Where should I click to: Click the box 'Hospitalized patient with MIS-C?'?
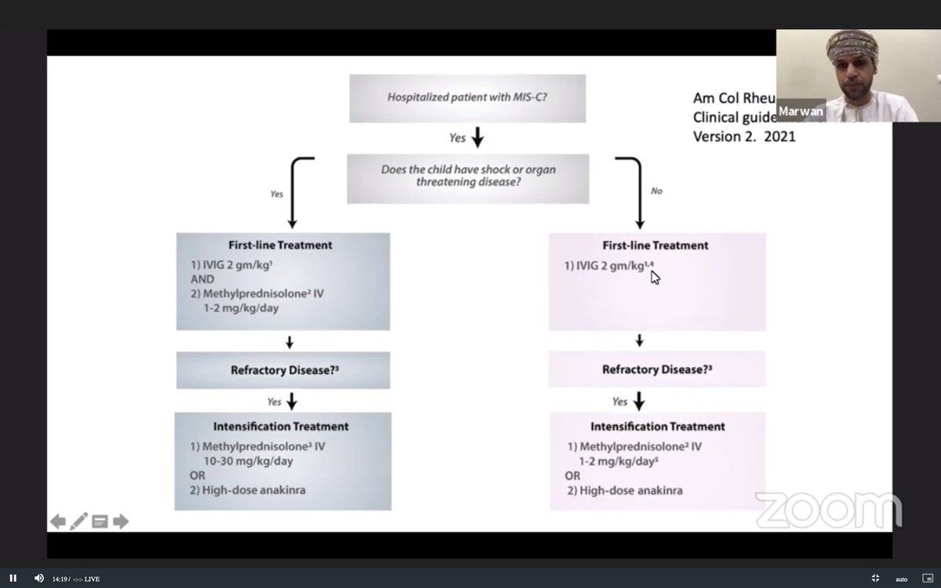pos(467,98)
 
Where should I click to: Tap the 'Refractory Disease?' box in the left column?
pos(282,370)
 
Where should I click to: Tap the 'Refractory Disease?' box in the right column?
pos(657,369)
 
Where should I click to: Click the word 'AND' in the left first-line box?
pos(202,278)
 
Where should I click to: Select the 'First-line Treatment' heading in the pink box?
pos(655,245)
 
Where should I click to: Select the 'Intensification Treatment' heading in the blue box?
pos(281,426)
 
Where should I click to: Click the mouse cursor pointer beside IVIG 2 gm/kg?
pos(655,277)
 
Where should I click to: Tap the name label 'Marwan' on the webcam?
pos(801,111)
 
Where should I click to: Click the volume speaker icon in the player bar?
pos(38,578)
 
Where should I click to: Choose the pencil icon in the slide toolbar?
pos(79,521)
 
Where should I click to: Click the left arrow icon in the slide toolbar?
pos(58,521)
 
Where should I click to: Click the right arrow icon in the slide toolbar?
pos(121,521)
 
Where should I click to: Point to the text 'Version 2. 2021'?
pos(743,136)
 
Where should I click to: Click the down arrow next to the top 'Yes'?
pos(477,138)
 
